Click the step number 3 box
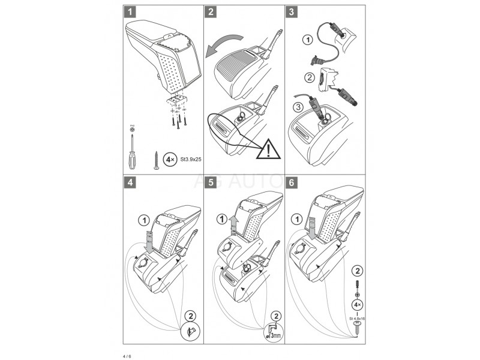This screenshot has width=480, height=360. coord(292,11)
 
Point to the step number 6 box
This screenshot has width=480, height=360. coord(292,181)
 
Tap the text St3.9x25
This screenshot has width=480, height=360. coord(187,160)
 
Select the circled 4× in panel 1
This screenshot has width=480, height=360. coord(170,160)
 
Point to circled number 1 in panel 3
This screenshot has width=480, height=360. coord(307,41)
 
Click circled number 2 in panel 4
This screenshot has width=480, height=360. coord(190,315)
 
